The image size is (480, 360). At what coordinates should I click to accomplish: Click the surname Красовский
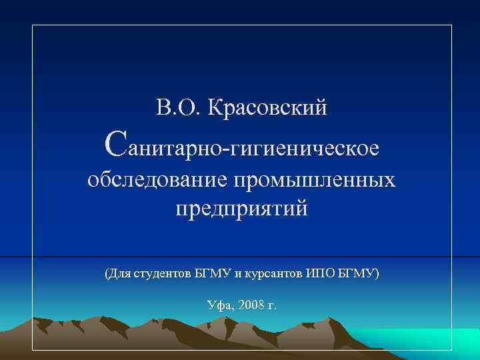coord(269,107)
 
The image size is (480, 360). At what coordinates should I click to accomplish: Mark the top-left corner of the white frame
coord(33,25)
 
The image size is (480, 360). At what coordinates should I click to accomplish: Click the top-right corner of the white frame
coord(451,25)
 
